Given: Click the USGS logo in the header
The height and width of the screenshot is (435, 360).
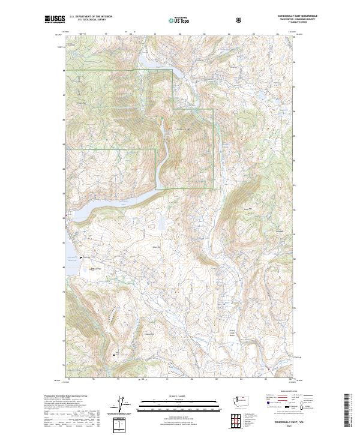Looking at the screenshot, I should (x=55, y=20).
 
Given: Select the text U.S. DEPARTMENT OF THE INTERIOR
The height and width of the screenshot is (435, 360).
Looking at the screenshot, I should (x=91, y=17).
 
